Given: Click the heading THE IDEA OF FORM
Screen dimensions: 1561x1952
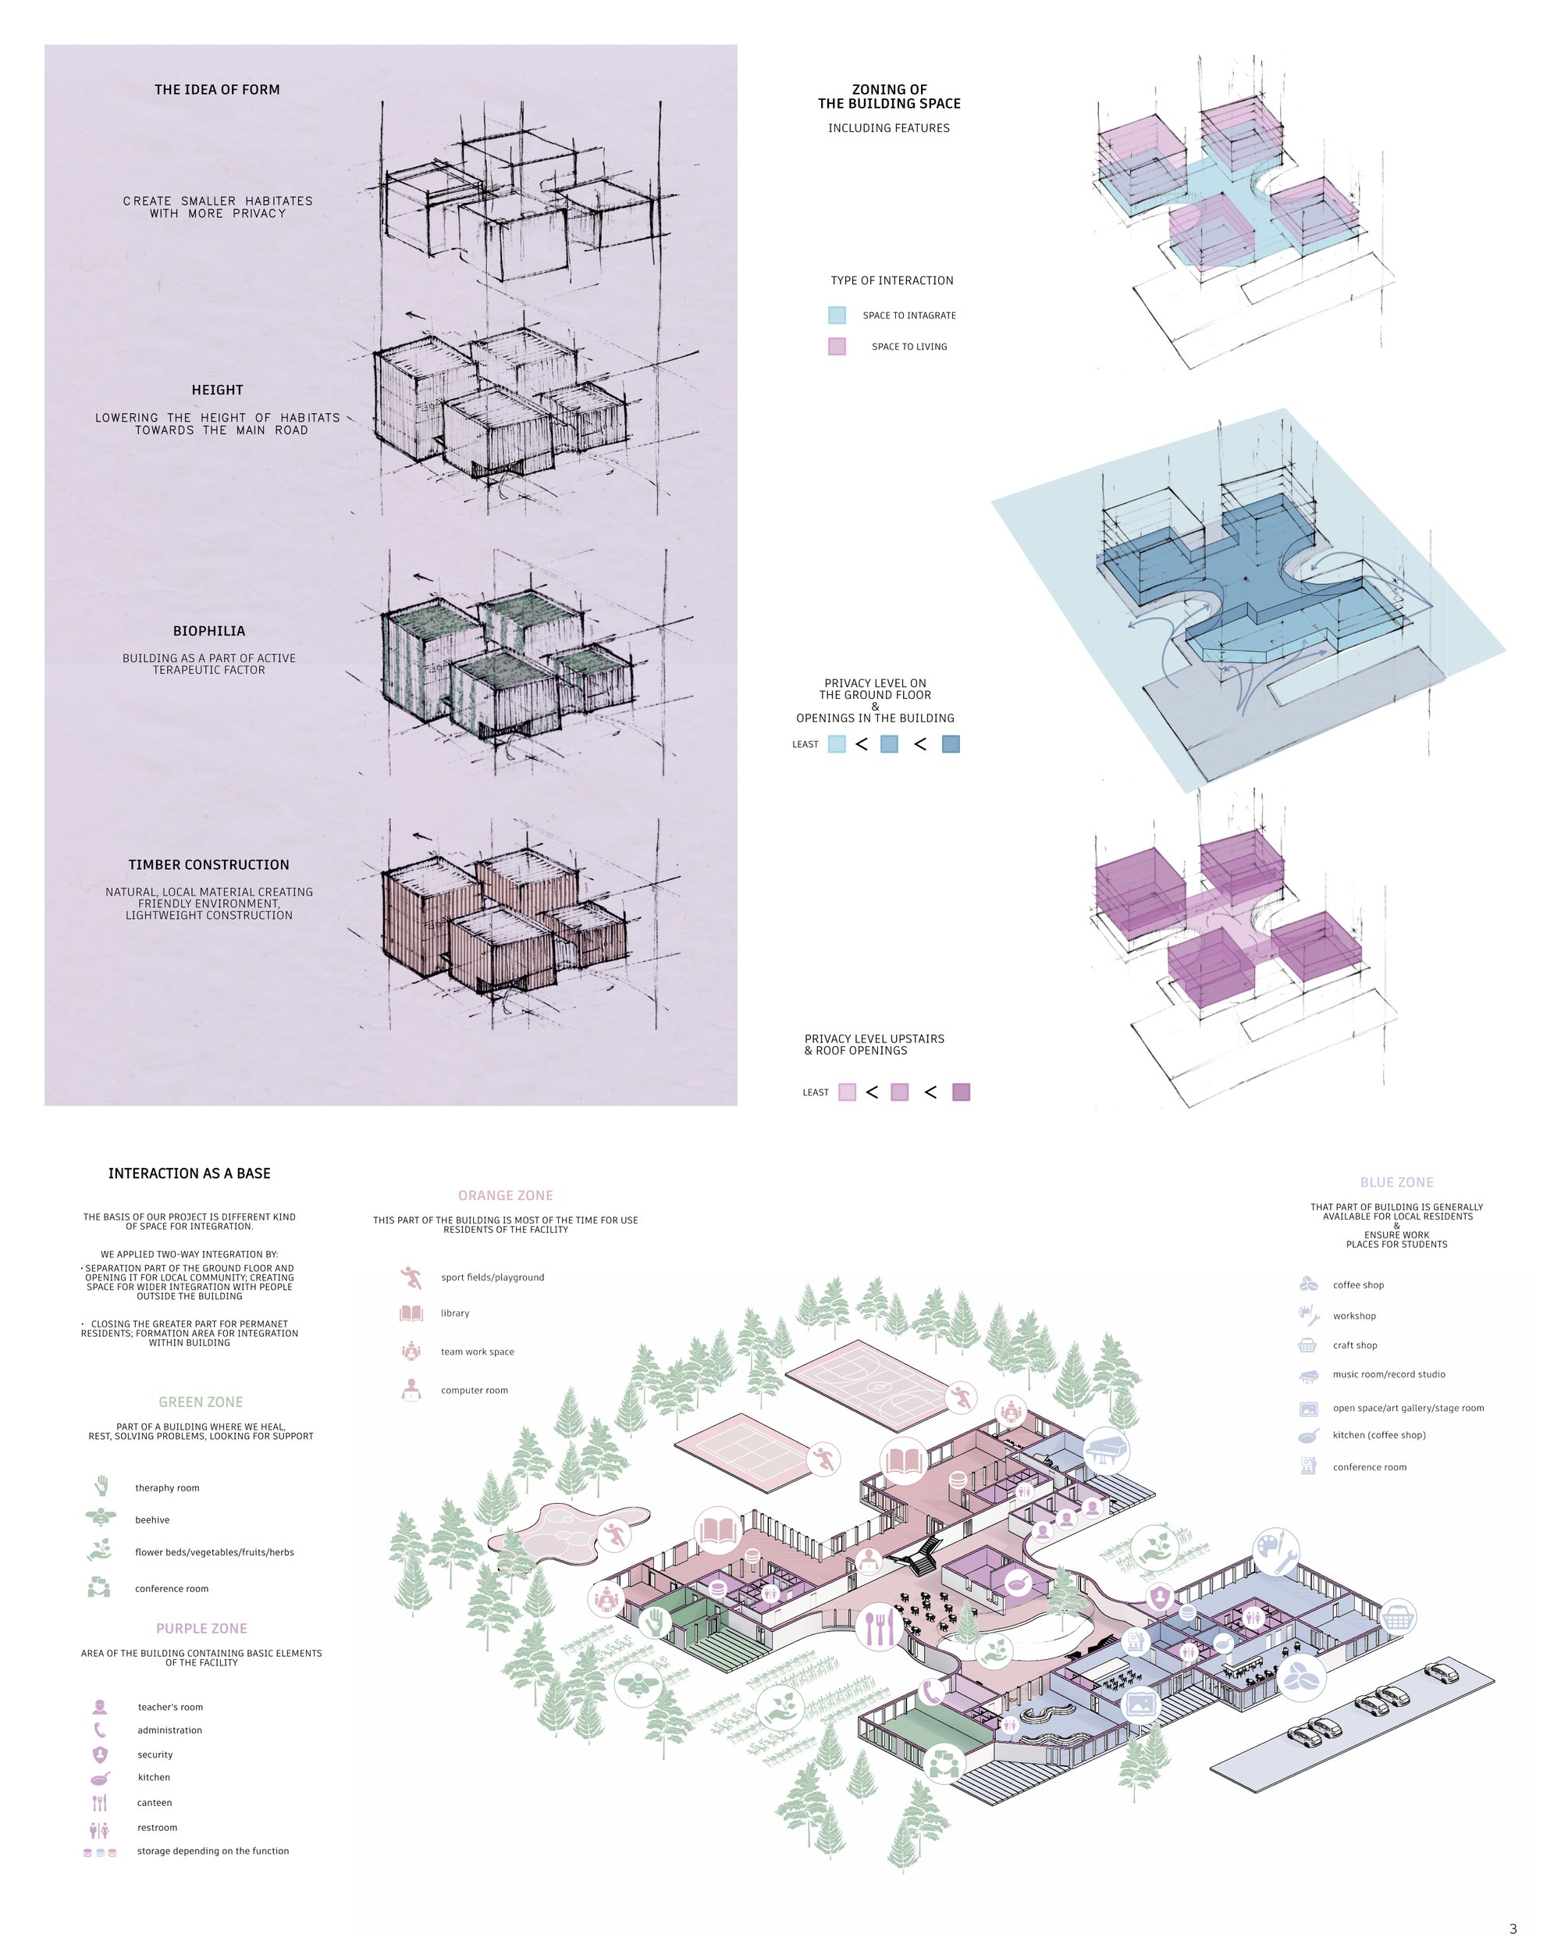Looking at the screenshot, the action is [x=217, y=90].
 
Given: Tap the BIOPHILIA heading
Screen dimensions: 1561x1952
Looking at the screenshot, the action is [x=209, y=631].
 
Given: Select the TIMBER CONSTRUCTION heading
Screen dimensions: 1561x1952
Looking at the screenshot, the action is [x=209, y=864].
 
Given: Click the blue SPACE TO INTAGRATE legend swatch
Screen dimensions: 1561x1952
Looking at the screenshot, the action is [x=837, y=315].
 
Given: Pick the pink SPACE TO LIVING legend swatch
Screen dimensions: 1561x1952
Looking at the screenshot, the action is [x=837, y=346].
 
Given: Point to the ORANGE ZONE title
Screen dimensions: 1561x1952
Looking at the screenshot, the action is [x=506, y=1195].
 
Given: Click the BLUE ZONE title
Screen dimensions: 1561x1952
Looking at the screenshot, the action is [x=1396, y=1182].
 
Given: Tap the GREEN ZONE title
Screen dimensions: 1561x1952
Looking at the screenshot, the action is [x=201, y=1402].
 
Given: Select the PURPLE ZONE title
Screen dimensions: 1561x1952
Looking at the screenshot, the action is [x=202, y=1628].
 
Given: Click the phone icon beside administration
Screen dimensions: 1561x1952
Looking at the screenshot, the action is [x=100, y=1730].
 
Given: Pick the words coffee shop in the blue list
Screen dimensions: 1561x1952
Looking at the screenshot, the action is [x=1358, y=1284].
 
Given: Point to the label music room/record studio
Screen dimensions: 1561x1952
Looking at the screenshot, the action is [x=1389, y=1374].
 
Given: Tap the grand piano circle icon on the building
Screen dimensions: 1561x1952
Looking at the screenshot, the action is [x=1105, y=1449].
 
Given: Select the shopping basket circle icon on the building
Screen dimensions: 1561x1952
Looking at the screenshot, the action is [x=1398, y=1616].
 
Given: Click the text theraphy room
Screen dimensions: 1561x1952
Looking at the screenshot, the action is [x=167, y=1487].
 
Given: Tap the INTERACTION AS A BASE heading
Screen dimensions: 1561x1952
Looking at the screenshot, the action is [x=189, y=1174].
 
